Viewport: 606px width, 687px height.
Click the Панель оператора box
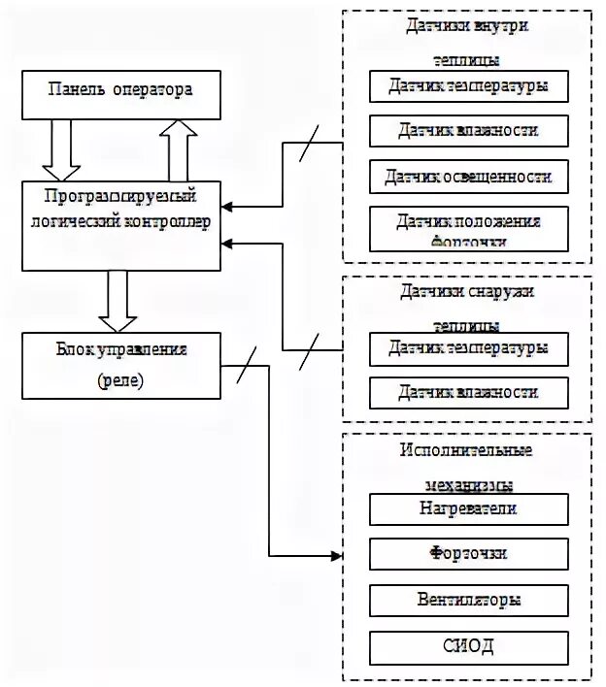tap(119, 93)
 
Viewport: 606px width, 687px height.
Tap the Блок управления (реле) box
tap(119, 364)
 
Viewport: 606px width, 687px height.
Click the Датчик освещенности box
tap(467, 177)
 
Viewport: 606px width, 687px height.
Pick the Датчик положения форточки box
tap(467, 229)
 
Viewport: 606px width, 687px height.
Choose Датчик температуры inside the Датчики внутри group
tap(467, 86)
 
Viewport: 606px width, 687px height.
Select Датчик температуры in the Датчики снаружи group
tap(467, 347)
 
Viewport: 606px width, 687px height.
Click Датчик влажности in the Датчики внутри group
tap(467, 130)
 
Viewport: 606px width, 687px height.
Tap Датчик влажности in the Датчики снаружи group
tap(467, 392)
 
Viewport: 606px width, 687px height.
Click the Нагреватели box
tap(467, 507)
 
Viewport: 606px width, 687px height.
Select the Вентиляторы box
tap(467, 600)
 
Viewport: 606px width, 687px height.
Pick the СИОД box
tap(467, 645)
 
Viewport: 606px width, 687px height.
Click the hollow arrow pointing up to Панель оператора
tap(177, 149)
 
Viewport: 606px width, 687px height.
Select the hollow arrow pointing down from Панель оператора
tap(64, 149)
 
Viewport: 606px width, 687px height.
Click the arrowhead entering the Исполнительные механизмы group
tap(337, 556)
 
